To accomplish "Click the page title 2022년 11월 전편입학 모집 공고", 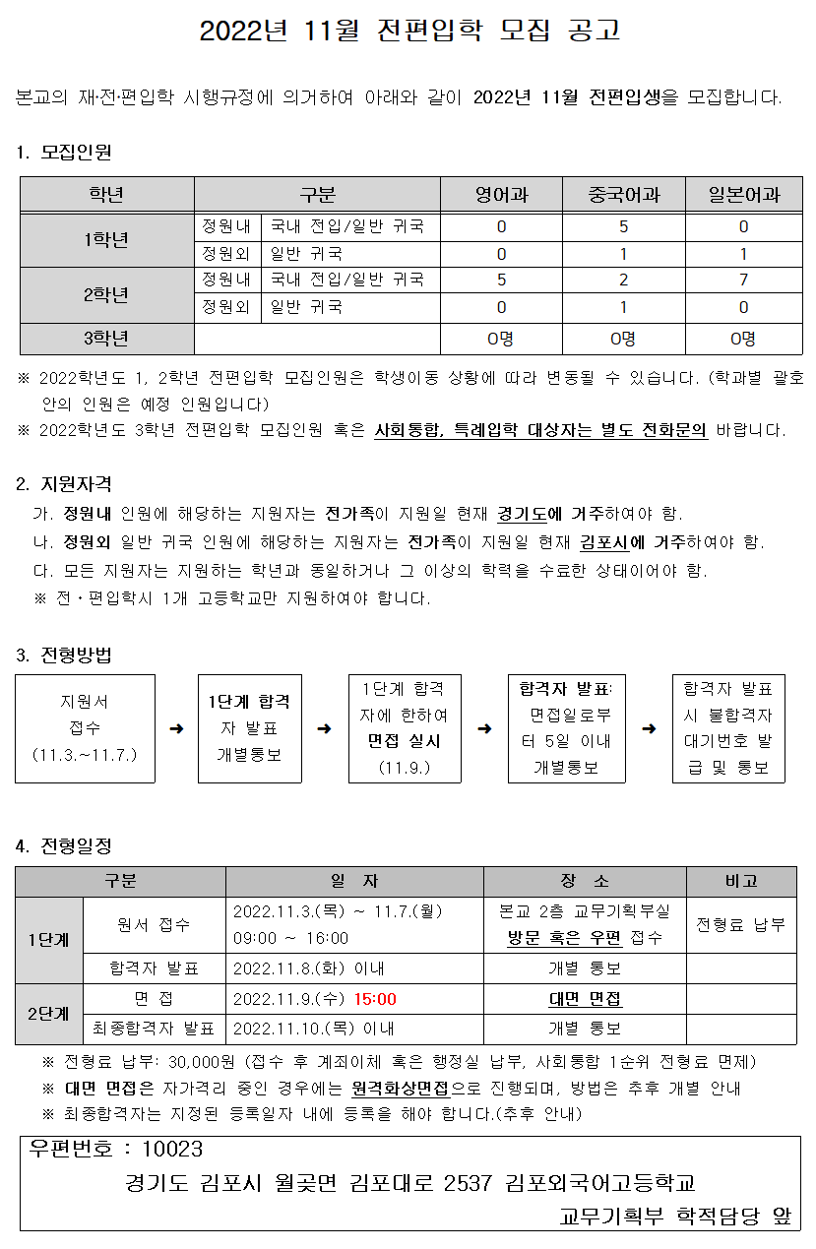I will (x=409, y=31).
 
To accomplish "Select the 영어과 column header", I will (x=501, y=195).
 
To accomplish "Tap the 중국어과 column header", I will (x=623, y=195).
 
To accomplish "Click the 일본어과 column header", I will (x=743, y=195).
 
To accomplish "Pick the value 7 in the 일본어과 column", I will (x=743, y=281).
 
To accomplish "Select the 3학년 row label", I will (x=106, y=340).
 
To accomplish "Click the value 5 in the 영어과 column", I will (x=501, y=281).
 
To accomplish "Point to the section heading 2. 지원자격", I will (x=64, y=484).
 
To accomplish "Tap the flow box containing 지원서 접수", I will (x=85, y=728).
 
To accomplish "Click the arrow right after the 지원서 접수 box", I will (x=176, y=729).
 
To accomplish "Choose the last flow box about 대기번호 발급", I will (x=728, y=728).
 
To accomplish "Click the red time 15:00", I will (x=375, y=1000).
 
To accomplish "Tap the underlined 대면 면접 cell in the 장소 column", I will (x=585, y=1000).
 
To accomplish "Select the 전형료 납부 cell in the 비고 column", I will (x=740, y=925).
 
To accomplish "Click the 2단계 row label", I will (x=48, y=1014).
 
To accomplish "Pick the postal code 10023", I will (x=172, y=1151).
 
